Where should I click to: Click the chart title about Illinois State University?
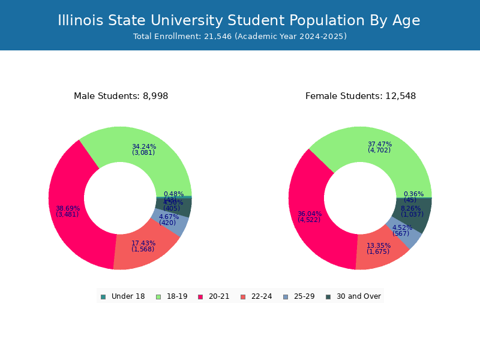coord(239,20)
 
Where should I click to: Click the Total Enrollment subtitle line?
coord(239,37)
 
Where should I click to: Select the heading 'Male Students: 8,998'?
coord(121,96)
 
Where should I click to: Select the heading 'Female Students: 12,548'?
coord(360,96)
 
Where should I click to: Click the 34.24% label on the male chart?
coord(143,146)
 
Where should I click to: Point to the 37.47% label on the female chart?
coord(379,144)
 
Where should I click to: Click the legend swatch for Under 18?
coord(103,296)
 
